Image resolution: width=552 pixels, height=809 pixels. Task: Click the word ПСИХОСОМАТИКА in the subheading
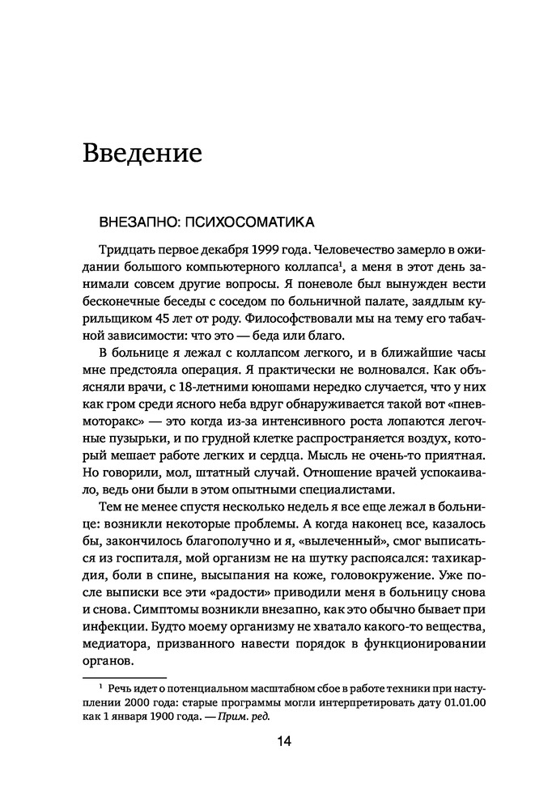[248, 220]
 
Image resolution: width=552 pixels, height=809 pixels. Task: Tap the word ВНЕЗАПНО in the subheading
[134, 220]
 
